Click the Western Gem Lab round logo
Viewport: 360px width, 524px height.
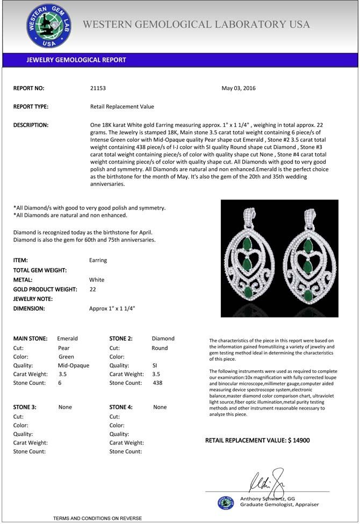49,26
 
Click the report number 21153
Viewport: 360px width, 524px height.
99,88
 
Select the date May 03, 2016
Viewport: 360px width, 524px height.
239,88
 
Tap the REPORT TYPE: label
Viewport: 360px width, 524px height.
31,107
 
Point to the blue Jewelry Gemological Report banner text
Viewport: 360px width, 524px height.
76,60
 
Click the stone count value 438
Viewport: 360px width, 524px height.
157,383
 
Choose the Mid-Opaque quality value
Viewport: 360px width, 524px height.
74,365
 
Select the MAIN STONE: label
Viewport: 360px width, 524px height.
30,339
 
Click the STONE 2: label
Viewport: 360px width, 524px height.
121,339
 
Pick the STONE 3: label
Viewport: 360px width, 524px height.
25,407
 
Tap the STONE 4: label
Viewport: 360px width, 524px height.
121,407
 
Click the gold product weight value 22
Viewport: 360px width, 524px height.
93,289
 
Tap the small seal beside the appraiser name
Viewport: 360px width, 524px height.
226,503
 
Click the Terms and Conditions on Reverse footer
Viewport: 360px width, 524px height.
97,518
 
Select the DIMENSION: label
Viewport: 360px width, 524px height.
29,309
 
